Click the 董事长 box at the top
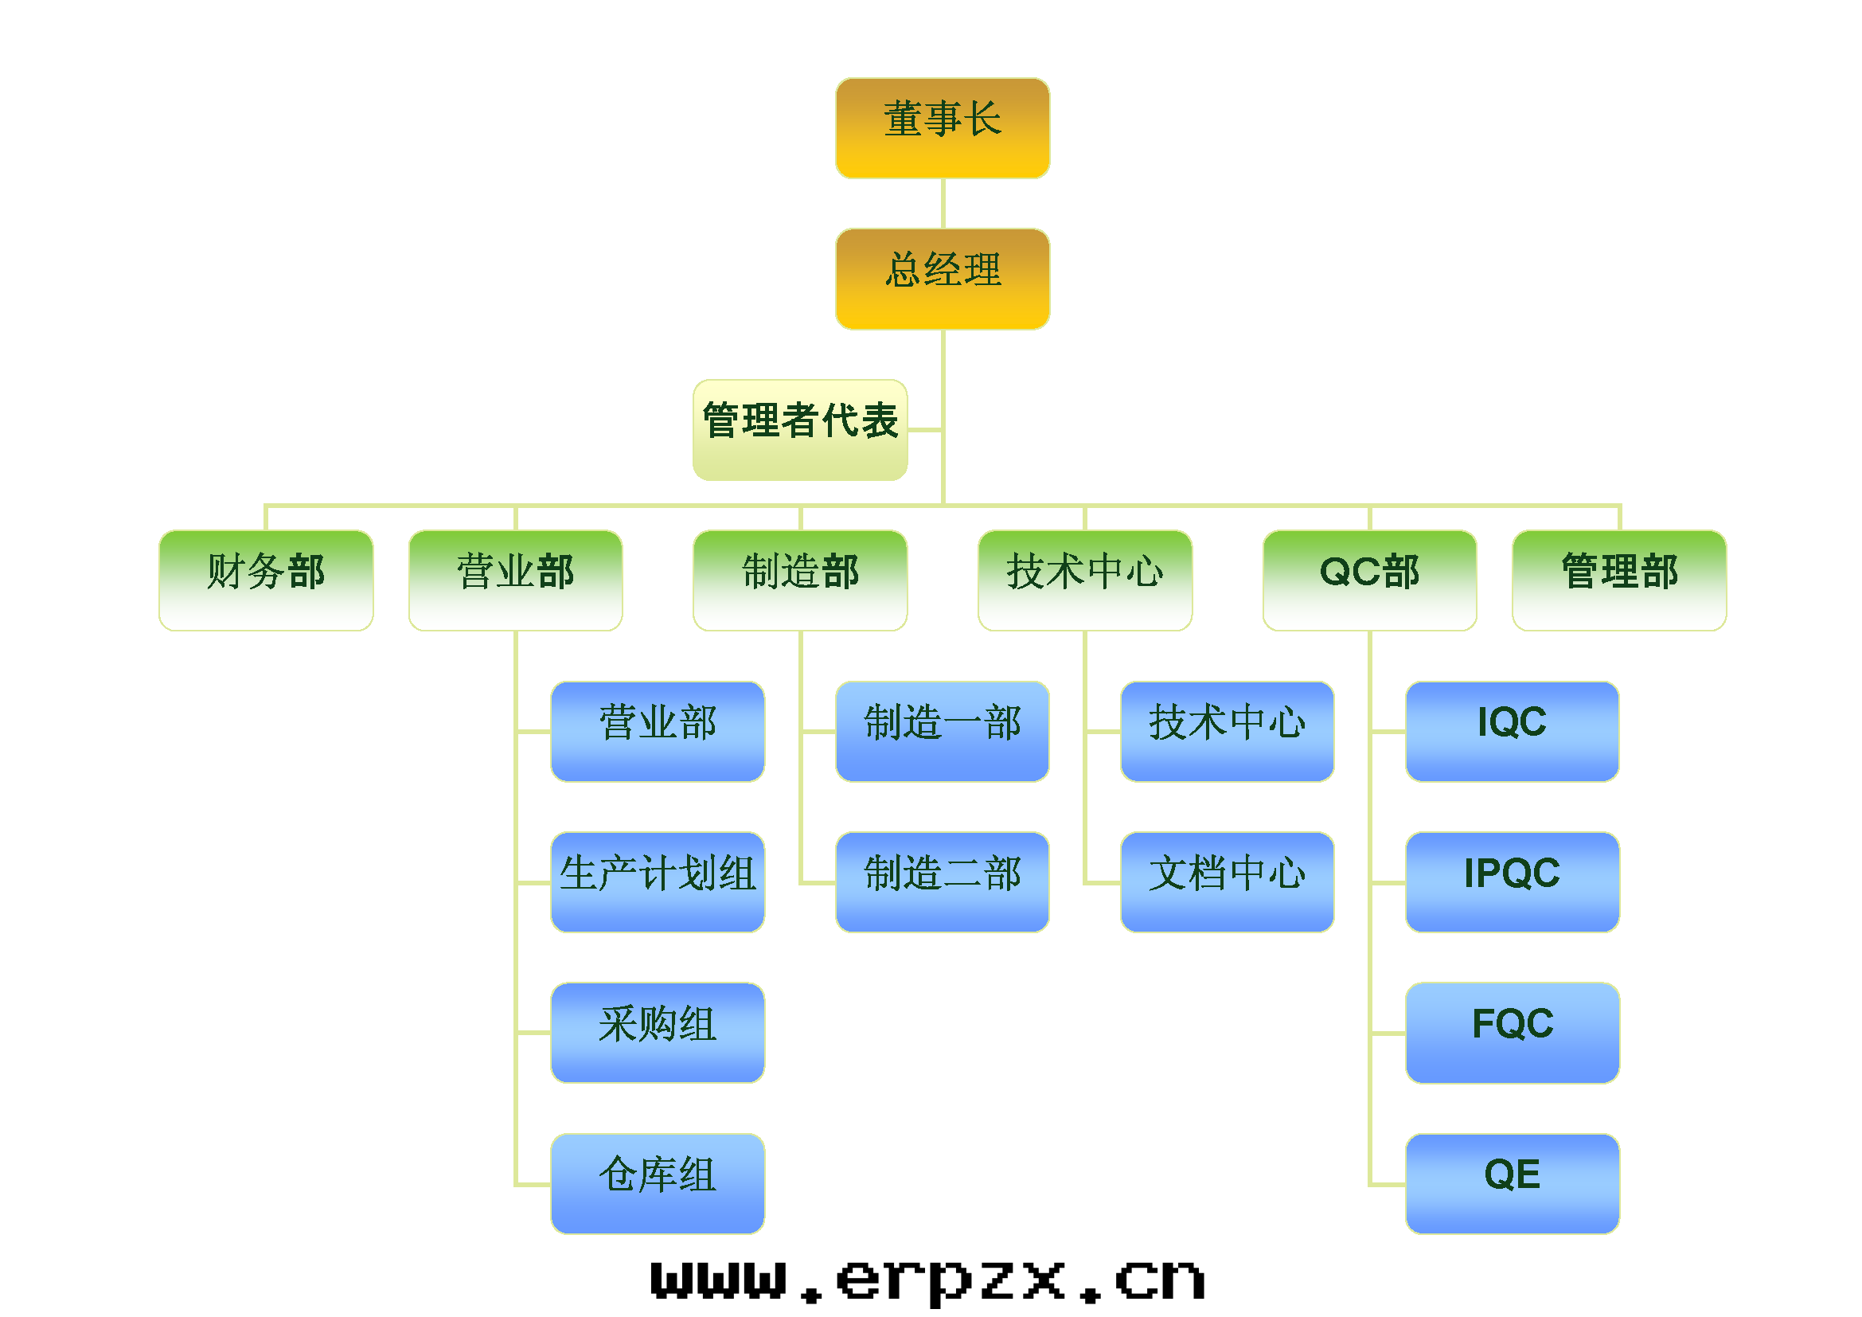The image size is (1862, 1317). pyautogui.click(x=943, y=128)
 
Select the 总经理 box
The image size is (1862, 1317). pyautogui.click(x=943, y=279)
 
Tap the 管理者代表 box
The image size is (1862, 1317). pyautogui.click(x=799, y=430)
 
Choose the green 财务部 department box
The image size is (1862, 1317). pyautogui.click(x=266, y=580)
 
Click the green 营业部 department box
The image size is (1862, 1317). pyautogui.click(x=516, y=580)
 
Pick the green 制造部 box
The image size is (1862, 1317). pyautogui.click(x=799, y=580)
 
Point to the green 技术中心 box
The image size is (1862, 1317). pyautogui.click(x=1085, y=580)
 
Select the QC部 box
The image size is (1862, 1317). pyautogui.click(x=1370, y=580)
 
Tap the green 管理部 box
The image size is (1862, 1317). pyautogui.click(x=1619, y=580)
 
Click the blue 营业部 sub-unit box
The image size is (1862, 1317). pyautogui.click(x=658, y=732)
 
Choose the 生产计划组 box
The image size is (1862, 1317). pyautogui.click(x=658, y=882)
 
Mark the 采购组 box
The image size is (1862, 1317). pyautogui.click(x=658, y=1034)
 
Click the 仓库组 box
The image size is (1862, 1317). pyautogui.click(x=658, y=1184)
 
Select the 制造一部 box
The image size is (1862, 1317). pyautogui.click(x=943, y=732)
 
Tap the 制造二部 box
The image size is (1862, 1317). pyautogui.click(x=943, y=882)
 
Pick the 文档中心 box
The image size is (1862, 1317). pyautogui.click(x=1227, y=882)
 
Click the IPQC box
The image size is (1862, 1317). pyautogui.click(x=1513, y=882)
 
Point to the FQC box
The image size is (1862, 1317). pyautogui.click(x=1513, y=1034)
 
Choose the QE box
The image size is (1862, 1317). pyautogui.click(x=1513, y=1184)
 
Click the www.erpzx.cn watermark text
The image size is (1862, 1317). pyautogui.click(x=927, y=1280)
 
